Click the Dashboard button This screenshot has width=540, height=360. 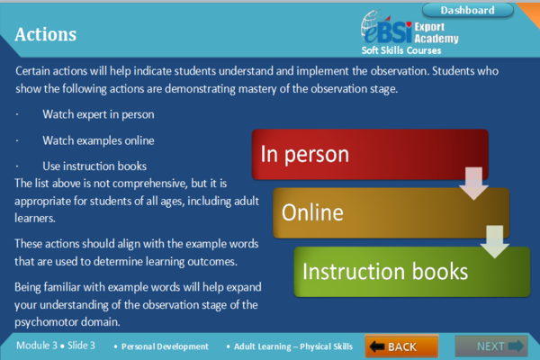pos(469,10)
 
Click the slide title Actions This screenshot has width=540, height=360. pos(46,34)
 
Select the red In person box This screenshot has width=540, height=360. pos(369,154)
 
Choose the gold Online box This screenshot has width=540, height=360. pos(391,213)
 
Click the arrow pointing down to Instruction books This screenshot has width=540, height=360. pos(494,240)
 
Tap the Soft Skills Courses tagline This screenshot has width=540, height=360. pos(407,50)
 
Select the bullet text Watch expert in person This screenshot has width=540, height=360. pos(98,114)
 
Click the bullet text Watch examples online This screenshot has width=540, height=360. pos(98,140)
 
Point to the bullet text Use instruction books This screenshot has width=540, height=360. pos(94,166)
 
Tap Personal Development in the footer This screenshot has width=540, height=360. pos(166,346)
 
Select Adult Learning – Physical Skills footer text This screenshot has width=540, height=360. pos(291,346)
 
